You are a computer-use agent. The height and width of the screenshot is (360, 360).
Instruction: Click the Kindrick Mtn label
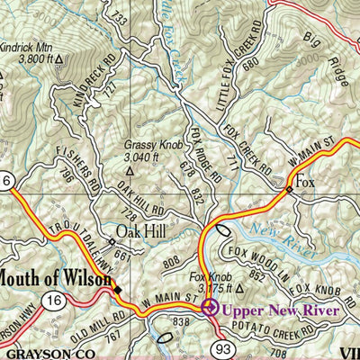click(x=29, y=48)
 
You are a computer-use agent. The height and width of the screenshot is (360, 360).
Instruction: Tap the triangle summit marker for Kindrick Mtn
click(x=59, y=60)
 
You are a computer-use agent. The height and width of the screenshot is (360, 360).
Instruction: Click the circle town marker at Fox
click(x=290, y=190)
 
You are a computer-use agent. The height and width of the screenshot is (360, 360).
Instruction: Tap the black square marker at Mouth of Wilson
click(x=116, y=288)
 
